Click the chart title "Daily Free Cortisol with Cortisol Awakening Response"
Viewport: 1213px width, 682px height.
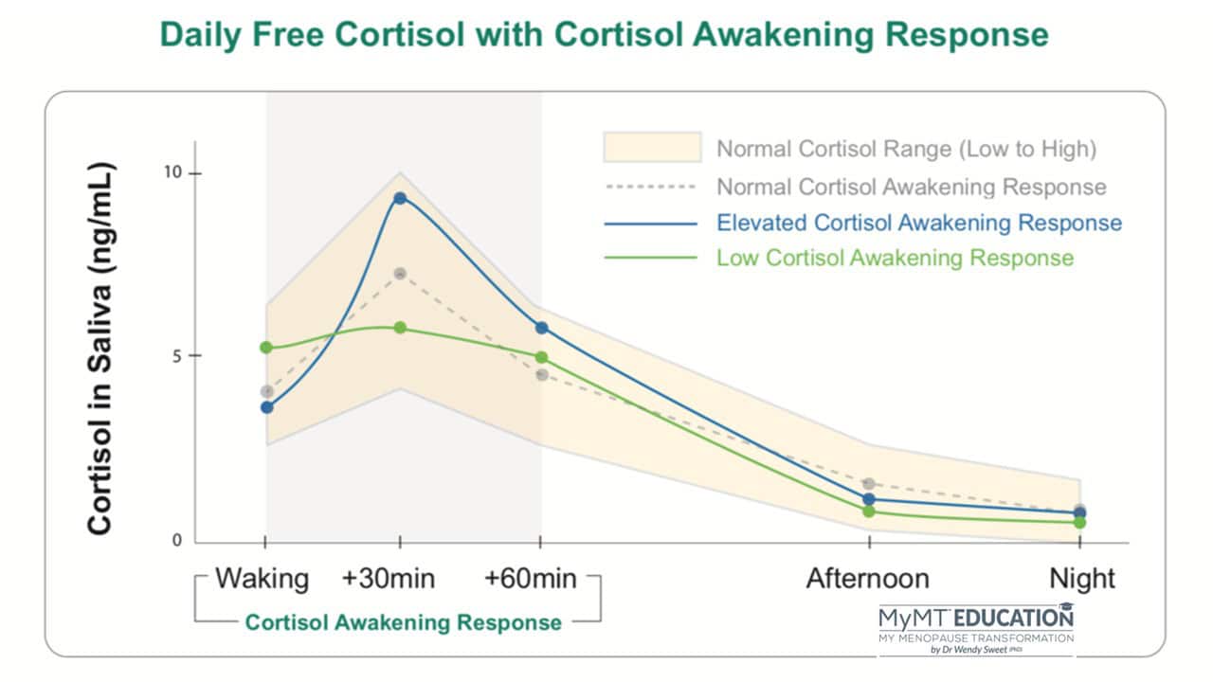pyautogui.click(x=604, y=35)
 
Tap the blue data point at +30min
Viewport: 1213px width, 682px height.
pyautogui.click(x=400, y=198)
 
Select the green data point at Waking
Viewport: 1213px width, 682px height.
pyautogui.click(x=266, y=348)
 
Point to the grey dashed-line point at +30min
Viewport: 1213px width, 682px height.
pyautogui.click(x=400, y=274)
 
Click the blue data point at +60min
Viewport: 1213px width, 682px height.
pyautogui.click(x=541, y=328)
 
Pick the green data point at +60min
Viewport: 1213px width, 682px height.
pyautogui.click(x=541, y=357)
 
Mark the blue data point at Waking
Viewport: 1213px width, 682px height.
pyautogui.click(x=267, y=407)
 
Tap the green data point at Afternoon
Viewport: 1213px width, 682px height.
pyautogui.click(x=869, y=511)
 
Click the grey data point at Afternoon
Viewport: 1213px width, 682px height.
pyautogui.click(x=869, y=484)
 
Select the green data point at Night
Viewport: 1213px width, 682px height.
pyautogui.click(x=1079, y=522)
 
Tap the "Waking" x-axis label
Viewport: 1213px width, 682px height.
pyautogui.click(x=263, y=579)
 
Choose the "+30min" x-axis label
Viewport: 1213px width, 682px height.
pyautogui.click(x=389, y=579)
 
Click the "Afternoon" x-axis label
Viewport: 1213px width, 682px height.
pyautogui.click(x=867, y=579)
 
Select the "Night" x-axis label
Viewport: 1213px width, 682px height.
pyautogui.click(x=1082, y=579)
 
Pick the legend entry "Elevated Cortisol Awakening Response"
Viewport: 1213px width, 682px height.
pyautogui.click(x=918, y=224)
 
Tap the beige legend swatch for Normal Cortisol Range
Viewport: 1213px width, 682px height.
pyautogui.click(x=652, y=148)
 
